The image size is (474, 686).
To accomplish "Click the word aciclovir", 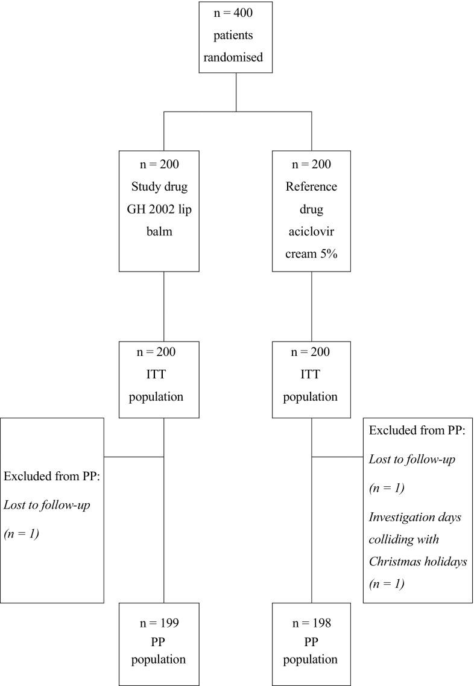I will click(x=312, y=227).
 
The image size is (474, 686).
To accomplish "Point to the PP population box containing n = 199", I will click(x=164, y=643).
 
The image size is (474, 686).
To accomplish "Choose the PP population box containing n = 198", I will click(x=312, y=643).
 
